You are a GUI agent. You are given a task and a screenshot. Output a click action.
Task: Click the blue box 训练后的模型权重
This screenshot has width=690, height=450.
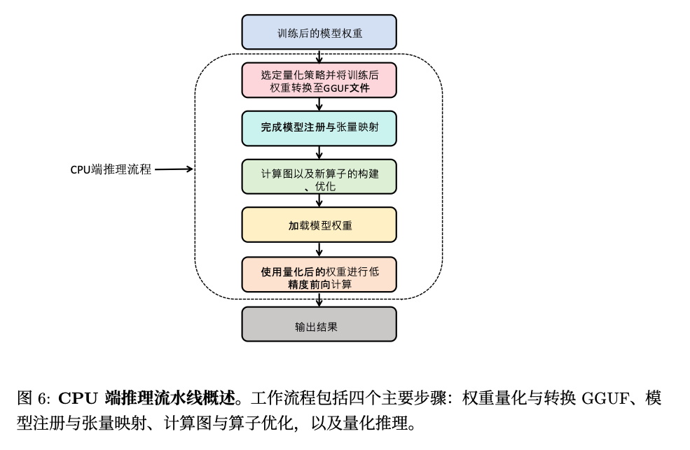click(319, 32)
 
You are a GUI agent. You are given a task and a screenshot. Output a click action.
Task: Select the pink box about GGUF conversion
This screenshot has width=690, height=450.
click(319, 80)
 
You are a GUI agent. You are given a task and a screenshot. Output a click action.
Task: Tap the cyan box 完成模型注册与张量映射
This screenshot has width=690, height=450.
click(319, 128)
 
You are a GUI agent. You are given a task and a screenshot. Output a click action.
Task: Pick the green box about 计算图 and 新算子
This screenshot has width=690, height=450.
click(319, 176)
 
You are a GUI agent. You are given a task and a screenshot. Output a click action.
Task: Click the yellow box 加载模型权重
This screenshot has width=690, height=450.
click(319, 225)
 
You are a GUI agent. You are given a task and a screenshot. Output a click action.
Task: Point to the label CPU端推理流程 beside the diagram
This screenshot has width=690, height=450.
click(111, 169)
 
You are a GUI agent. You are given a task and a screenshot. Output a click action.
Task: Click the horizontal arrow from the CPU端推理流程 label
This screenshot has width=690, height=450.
click(174, 169)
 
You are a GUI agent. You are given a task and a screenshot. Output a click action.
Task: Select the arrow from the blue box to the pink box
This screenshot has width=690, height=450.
click(319, 57)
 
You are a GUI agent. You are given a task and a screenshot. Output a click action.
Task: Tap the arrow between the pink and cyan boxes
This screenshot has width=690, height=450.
click(319, 104)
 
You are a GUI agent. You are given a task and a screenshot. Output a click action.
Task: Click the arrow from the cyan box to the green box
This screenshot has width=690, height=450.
click(319, 153)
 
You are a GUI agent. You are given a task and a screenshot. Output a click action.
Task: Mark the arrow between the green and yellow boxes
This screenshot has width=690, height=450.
click(319, 201)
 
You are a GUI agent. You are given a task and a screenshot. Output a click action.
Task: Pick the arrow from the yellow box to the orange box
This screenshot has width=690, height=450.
click(319, 250)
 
